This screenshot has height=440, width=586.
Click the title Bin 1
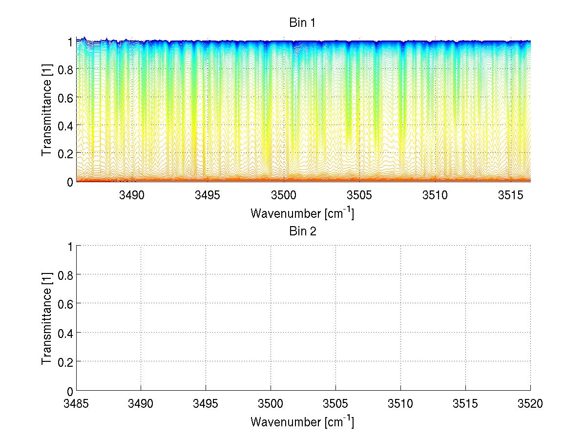pos(303,23)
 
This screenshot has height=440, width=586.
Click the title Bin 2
pos(303,231)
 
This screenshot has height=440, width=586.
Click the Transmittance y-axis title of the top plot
pos(46,111)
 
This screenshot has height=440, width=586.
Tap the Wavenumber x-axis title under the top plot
pos(302,213)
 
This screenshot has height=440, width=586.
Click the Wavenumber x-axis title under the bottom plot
pos(302,421)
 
